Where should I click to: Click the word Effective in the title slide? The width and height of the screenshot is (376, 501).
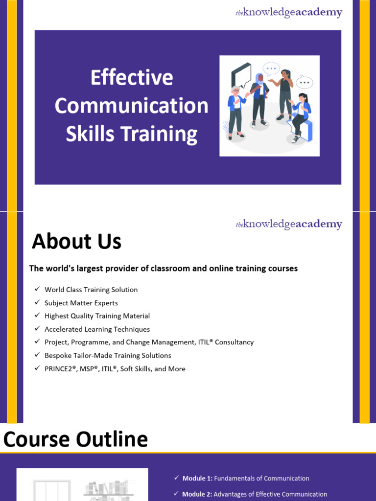click(x=132, y=78)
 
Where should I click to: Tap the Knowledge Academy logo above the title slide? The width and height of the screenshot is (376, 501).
click(x=288, y=13)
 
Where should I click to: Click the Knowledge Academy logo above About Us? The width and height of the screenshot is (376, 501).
click(x=288, y=225)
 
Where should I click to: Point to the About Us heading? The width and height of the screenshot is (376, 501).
click(x=76, y=242)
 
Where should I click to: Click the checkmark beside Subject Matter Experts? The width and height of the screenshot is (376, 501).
click(x=37, y=303)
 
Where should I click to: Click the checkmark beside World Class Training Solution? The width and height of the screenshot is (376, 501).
click(x=37, y=290)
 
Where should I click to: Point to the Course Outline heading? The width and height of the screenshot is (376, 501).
click(x=75, y=439)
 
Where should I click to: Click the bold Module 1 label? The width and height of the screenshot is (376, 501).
click(x=197, y=478)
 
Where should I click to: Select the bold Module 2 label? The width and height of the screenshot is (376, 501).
click(x=197, y=495)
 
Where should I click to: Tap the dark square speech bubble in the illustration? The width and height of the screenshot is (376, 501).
click(x=242, y=74)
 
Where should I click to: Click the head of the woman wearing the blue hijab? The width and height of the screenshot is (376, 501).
click(x=259, y=78)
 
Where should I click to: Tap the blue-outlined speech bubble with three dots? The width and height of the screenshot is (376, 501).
click(x=271, y=68)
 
